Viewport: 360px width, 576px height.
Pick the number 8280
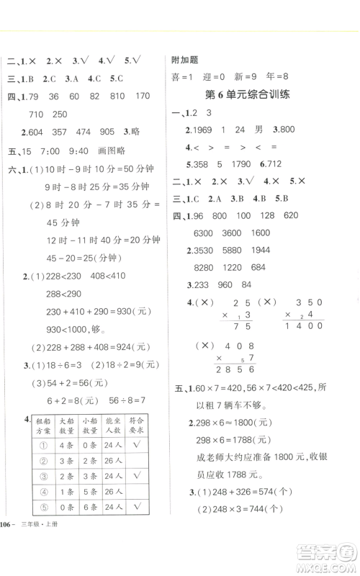coord(206,268)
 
